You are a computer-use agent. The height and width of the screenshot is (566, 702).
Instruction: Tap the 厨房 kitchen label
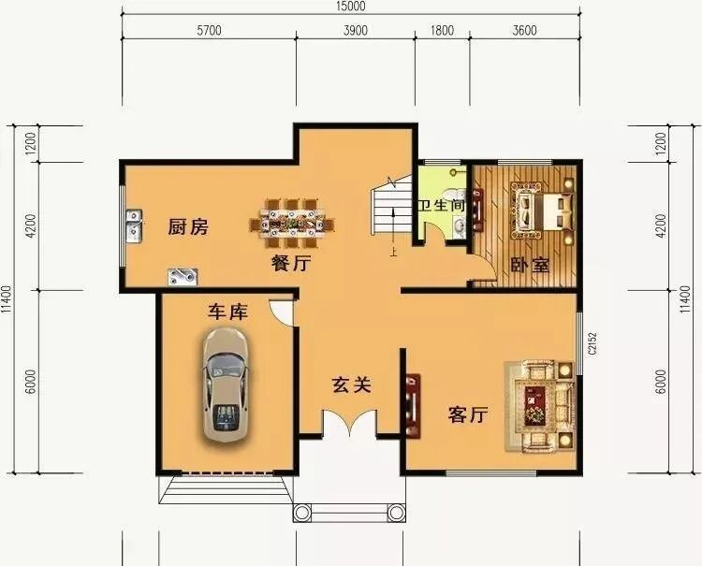pyautogui.click(x=188, y=226)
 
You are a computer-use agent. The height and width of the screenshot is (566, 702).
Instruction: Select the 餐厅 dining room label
pyautogui.click(x=290, y=263)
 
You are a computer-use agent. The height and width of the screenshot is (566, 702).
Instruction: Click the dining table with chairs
pyautogui.click(x=293, y=224)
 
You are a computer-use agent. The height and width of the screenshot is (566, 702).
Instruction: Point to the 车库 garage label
pyautogui.click(x=227, y=312)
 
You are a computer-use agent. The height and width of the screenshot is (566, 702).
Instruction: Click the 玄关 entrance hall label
pyautogui.click(x=351, y=385)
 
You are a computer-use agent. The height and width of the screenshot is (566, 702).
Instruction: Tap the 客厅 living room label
pyautogui.click(x=468, y=414)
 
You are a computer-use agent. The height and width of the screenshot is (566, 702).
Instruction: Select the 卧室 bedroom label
pyautogui.click(x=530, y=266)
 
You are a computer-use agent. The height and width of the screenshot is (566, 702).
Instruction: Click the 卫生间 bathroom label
pyautogui.click(x=442, y=206)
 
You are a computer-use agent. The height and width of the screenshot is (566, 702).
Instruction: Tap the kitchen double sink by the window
pyautogui.click(x=134, y=226)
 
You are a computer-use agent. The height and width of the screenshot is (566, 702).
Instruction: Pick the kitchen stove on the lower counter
pyautogui.click(x=183, y=277)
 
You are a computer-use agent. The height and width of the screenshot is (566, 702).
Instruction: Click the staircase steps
pyautogui.click(x=391, y=206)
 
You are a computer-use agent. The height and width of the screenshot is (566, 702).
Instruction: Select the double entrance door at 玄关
pyautogui.click(x=350, y=422)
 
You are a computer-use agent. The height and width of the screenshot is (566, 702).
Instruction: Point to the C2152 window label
pyautogui.click(x=592, y=343)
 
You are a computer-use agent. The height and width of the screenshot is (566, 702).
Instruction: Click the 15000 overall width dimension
pyautogui.click(x=351, y=7)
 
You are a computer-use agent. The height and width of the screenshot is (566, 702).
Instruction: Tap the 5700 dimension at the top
pyautogui.click(x=209, y=31)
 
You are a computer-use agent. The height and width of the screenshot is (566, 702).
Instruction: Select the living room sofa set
pyautogui.click(x=539, y=405)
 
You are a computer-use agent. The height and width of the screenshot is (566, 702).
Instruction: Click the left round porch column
pyautogui.click(x=302, y=513)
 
